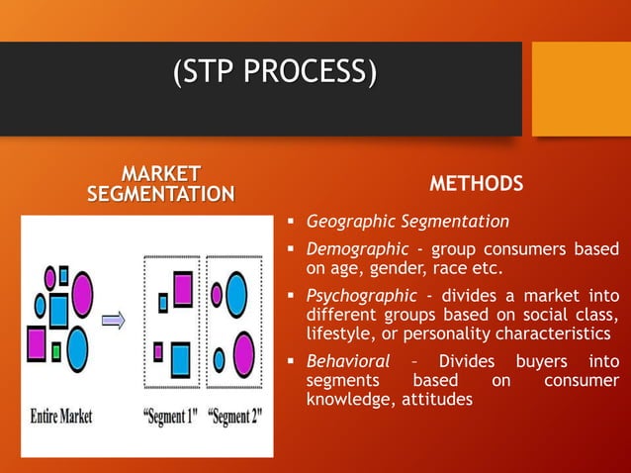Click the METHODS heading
(476, 184)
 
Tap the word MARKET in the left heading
(160, 174)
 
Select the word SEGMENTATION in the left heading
(160, 193)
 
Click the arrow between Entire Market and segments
(115, 320)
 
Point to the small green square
(57, 350)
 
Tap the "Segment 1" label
(175, 414)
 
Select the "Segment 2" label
(235, 414)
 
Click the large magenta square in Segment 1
(182, 288)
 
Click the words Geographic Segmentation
(407, 221)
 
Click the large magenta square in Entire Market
(38, 342)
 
